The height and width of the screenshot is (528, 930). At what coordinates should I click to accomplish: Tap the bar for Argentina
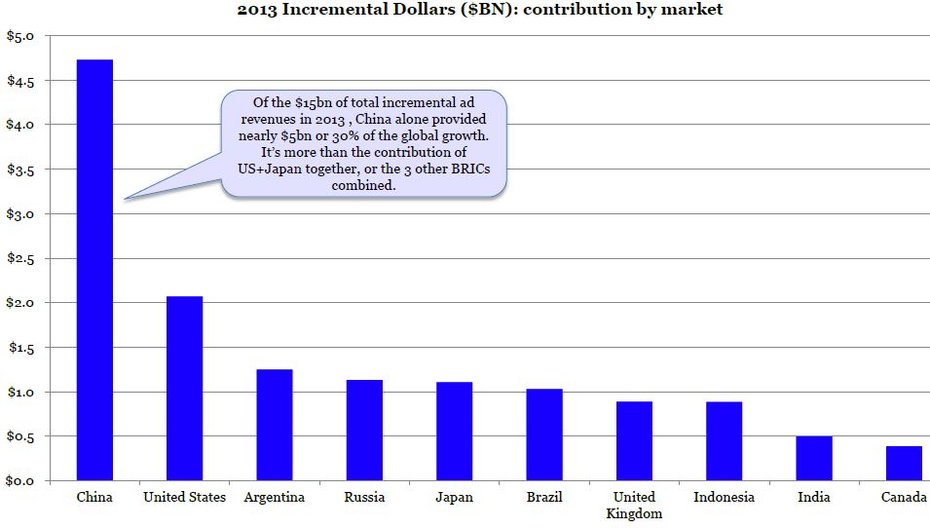pyautogui.click(x=275, y=425)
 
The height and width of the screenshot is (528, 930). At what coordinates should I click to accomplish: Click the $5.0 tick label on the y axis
pyautogui.click(x=20, y=36)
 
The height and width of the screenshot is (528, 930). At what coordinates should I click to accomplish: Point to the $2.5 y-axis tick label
pyautogui.click(x=20, y=258)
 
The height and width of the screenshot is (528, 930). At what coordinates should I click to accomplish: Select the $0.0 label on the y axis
pyautogui.click(x=20, y=481)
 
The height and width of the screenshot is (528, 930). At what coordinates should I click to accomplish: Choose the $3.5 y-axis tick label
pyautogui.click(x=20, y=170)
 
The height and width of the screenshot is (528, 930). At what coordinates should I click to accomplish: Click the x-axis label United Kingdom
pyautogui.click(x=634, y=505)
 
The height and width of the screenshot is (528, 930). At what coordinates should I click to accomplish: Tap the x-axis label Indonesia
pyautogui.click(x=724, y=497)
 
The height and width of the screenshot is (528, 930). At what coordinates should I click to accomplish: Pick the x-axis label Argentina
pyautogui.click(x=275, y=497)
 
